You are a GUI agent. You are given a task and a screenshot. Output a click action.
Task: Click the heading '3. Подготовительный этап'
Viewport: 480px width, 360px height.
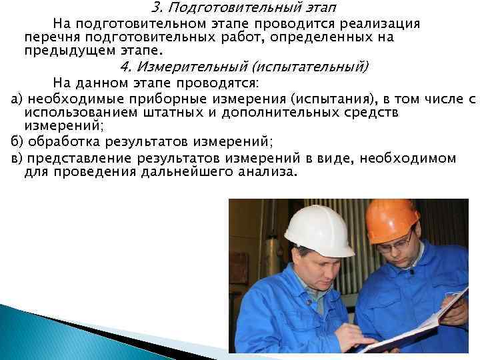pyautogui.click(x=244, y=9)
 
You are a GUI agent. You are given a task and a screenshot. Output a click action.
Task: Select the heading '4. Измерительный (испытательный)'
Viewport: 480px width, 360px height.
pyautogui.click(x=244, y=67)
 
